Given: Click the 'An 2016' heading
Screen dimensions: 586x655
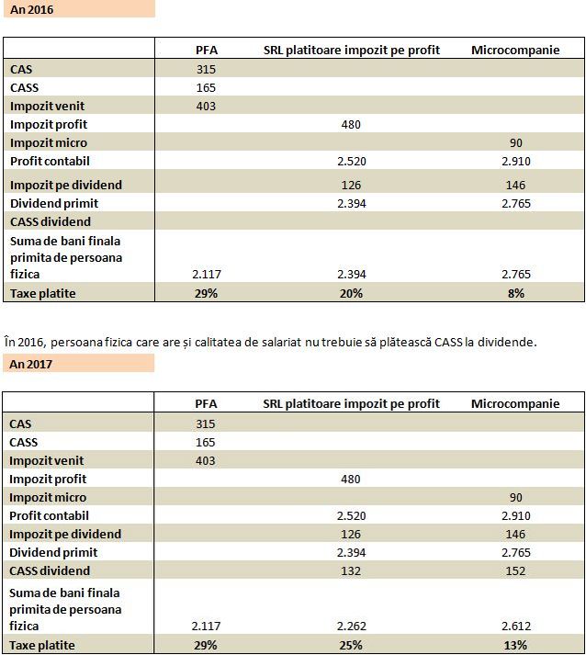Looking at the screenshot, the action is (32, 9).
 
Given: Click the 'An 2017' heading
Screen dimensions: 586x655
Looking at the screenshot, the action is (31, 364).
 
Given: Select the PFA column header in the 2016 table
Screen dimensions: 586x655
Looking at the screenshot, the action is (207, 51).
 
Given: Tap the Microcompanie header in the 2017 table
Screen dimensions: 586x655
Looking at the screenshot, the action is (515, 403).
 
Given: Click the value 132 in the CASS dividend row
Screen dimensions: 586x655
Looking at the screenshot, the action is (351, 570).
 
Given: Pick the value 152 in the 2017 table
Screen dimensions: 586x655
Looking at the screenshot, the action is (515, 570).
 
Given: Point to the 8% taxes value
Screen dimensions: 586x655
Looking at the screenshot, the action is (516, 293).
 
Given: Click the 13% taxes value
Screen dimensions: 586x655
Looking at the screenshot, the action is (515, 646).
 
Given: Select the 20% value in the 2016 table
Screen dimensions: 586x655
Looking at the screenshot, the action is (351, 293).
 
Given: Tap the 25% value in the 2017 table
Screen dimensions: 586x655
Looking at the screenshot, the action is (351, 646).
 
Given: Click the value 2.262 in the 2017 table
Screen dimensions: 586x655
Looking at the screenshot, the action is (351, 626).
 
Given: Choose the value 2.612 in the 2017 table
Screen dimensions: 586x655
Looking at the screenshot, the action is (516, 626).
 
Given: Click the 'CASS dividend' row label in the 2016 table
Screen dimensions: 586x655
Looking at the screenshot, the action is (51, 221).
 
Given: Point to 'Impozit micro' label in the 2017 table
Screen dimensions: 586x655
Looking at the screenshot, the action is (48, 497).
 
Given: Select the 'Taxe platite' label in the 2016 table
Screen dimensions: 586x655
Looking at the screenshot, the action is (42, 293).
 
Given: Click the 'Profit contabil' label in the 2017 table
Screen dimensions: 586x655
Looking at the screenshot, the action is (49, 515).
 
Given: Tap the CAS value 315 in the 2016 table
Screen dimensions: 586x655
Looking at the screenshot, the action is (206, 69).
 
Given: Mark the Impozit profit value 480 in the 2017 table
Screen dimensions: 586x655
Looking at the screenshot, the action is (351, 479).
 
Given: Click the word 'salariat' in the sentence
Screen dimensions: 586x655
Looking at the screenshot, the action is (281, 342).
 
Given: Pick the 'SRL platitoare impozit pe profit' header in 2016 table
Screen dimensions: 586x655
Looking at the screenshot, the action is (352, 51).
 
